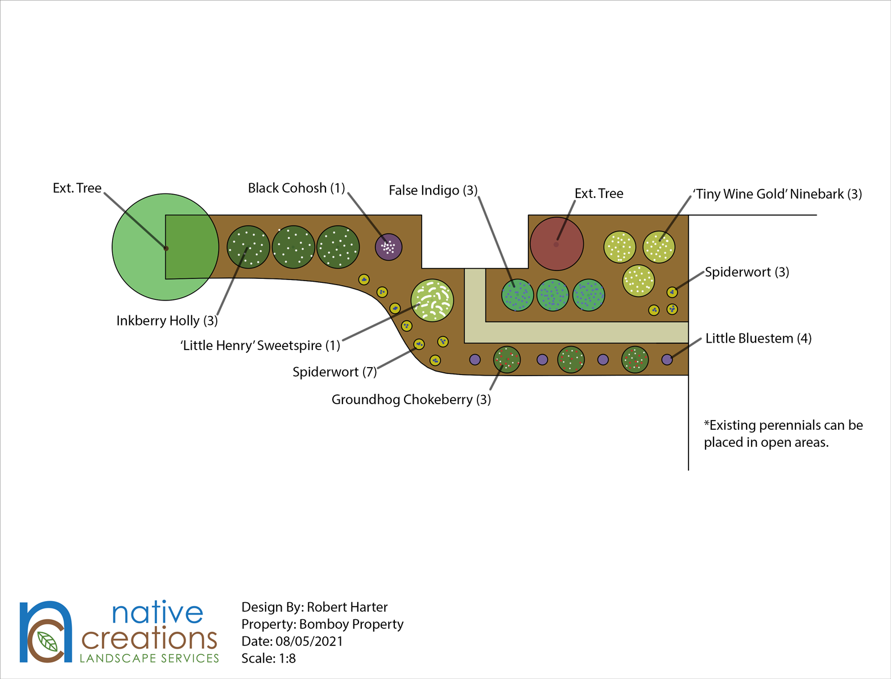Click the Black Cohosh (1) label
(296, 188)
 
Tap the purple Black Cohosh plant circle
(389, 247)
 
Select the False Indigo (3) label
(433, 190)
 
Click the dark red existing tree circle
(556, 244)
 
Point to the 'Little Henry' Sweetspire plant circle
(432, 300)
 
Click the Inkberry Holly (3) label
(167, 321)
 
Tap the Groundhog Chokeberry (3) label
(411, 400)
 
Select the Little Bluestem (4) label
(758, 339)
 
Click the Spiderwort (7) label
(334, 372)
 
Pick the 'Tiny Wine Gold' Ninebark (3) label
(777, 194)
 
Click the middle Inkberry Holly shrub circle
(294, 247)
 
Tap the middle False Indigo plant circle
(552, 295)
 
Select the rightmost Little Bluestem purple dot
(667, 360)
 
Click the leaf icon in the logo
(48, 641)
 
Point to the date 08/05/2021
(309, 641)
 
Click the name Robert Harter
(347, 607)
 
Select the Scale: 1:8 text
(269, 659)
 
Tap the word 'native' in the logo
(157, 613)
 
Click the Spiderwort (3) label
(746, 272)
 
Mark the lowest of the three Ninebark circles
(638, 280)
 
